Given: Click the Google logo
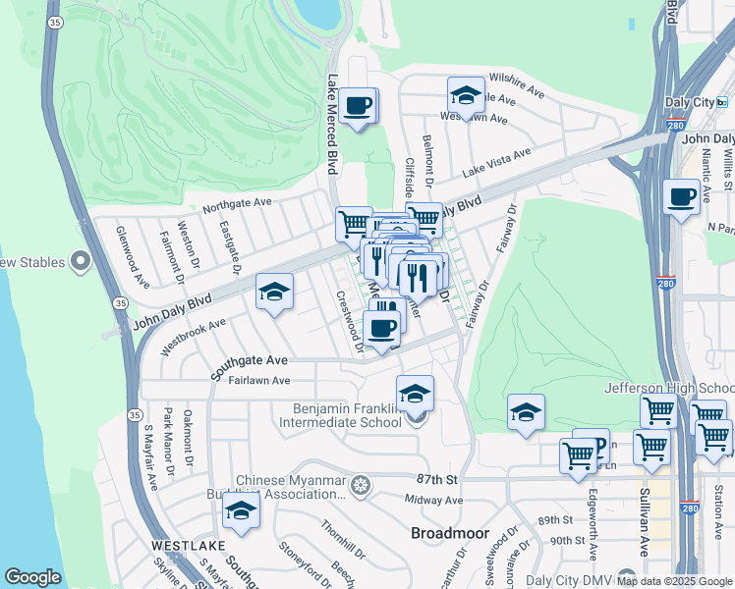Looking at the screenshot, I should coord(32,577).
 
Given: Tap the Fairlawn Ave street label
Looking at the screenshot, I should coord(259,380).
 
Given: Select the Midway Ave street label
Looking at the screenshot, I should coord(433,500).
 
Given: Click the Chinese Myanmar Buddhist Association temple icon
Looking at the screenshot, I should coord(362,485).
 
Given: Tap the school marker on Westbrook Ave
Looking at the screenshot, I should coord(275,291).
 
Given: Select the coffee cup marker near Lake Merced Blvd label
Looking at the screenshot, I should coord(359,105).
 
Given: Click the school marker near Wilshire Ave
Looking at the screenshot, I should coord(466,95).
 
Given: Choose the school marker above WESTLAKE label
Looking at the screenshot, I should coord(241,510).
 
